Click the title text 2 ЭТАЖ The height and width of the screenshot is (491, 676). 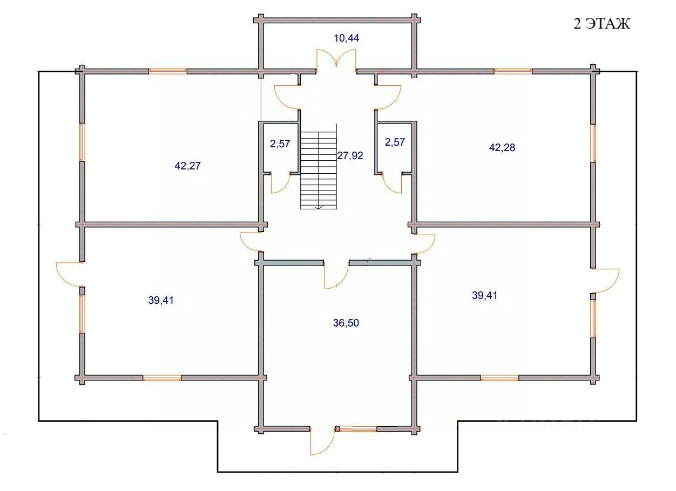601,24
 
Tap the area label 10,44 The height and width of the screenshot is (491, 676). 347,38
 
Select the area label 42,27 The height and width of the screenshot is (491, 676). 187,166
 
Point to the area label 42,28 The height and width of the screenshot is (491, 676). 502,147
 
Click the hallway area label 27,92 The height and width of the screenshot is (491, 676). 350,155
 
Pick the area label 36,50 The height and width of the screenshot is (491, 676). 346,323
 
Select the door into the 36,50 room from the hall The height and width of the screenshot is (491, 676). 336,274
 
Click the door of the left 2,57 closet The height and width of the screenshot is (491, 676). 281,183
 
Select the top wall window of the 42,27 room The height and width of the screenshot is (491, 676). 167,71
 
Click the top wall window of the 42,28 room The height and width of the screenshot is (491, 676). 513,71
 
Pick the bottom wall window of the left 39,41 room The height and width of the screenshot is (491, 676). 162,378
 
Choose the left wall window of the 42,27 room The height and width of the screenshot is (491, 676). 82,142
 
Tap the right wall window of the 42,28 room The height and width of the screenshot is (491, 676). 593,144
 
